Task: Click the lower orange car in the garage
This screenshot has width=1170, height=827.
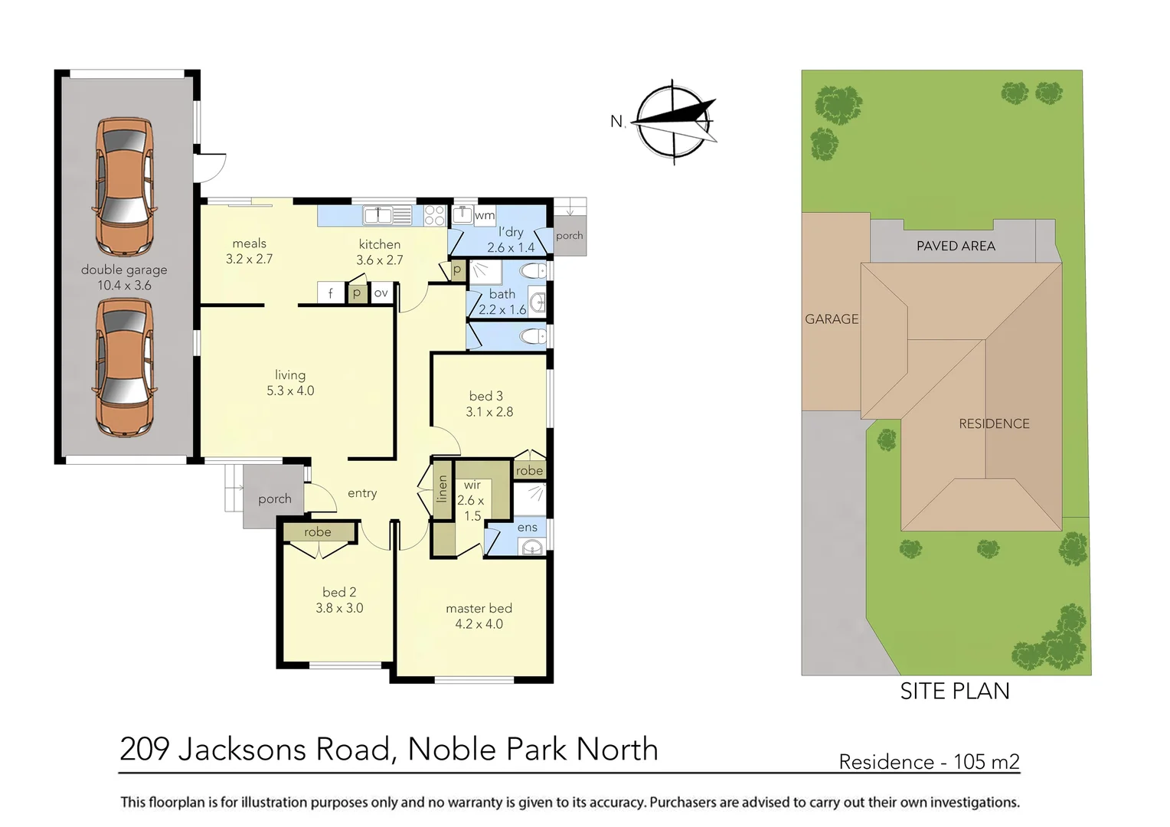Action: click(125, 368)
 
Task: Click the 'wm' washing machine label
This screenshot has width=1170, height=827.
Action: click(485, 215)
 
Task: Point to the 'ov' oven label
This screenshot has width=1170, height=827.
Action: click(381, 293)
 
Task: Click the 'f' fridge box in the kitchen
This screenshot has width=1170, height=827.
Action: click(330, 293)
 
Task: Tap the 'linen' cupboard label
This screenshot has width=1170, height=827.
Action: click(442, 489)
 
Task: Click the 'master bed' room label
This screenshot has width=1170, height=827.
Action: click(479, 608)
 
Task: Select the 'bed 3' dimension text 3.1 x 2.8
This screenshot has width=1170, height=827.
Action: click(489, 412)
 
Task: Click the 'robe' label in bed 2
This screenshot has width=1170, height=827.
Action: click(318, 531)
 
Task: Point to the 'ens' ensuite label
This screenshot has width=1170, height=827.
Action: click(527, 527)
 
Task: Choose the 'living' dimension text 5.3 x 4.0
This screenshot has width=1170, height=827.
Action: click(290, 391)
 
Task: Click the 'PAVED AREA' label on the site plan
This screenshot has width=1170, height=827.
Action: click(956, 246)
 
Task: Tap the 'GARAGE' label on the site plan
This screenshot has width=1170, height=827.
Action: click(832, 319)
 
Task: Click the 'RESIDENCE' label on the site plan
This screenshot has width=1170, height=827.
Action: click(994, 423)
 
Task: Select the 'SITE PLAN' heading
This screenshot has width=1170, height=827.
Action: click(955, 691)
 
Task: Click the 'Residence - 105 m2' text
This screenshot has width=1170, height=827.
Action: click(929, 762)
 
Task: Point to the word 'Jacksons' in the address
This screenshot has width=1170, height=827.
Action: click(284, 749)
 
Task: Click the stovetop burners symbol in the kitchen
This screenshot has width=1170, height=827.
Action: click(434, 215)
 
